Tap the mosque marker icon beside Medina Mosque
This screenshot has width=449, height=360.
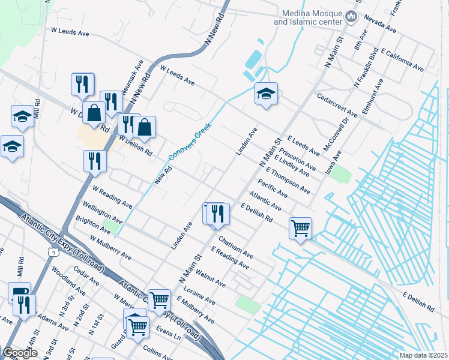pos(352,19)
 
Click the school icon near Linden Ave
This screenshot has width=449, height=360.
pos(266,94)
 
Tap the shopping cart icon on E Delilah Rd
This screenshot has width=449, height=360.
pos(300,228)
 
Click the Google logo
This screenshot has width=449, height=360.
pos(20,353)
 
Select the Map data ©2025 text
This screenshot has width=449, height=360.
pos(423,355)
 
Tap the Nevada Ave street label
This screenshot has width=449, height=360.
pos(379,23)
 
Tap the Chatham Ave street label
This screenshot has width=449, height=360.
pos(235,247)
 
